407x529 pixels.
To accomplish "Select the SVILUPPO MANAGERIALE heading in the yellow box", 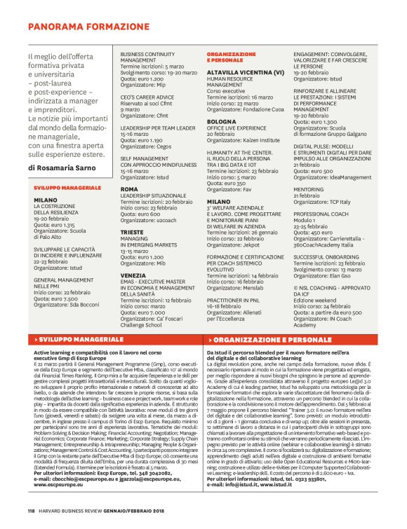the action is point(62,188).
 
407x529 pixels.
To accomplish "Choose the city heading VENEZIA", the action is point(134,275).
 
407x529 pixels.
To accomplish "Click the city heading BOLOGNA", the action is point(222,121).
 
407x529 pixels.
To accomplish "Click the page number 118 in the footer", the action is point(32,509).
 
